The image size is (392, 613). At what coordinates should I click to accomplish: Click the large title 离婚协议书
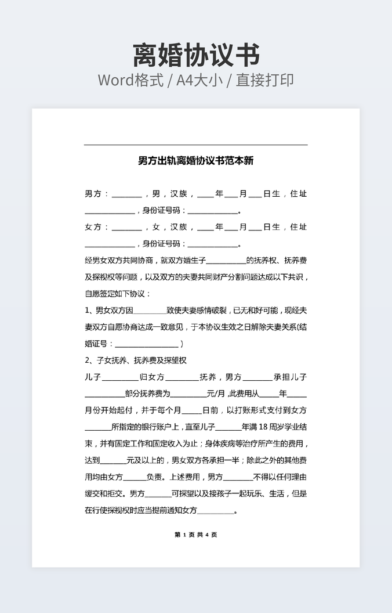coord(196,56)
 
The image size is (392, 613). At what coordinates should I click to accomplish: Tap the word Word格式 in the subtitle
coord(130,80)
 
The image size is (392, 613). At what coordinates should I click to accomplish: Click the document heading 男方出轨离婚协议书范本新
coord(196,161)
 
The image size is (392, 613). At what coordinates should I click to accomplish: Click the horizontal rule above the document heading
coord(196,145)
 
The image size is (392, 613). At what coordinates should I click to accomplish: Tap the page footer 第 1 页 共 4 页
coord(196,535)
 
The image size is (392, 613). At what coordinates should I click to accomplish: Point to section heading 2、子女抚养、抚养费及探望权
coord(136,360)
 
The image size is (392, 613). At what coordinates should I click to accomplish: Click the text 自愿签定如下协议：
coord(118,294)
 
